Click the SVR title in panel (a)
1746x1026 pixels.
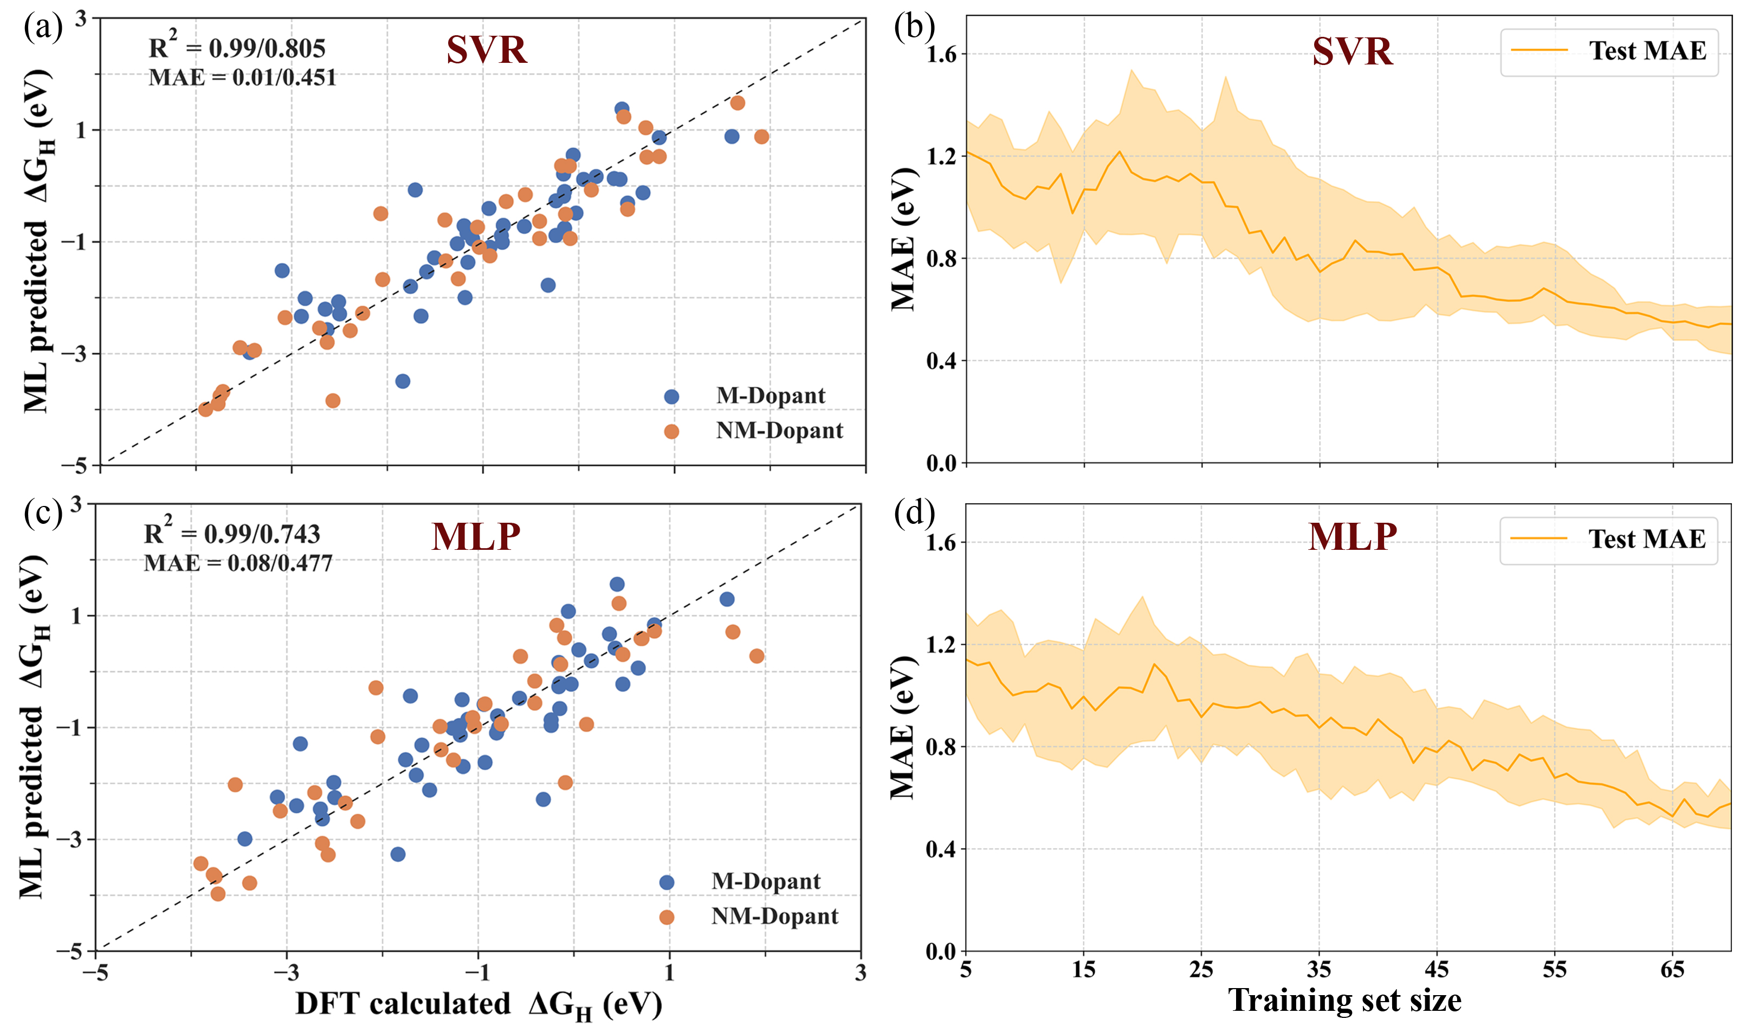pos(487,50)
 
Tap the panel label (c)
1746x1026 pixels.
pos(43,514)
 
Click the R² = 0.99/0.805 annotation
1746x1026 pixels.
pos(237,47)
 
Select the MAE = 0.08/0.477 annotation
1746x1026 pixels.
pos(238,562)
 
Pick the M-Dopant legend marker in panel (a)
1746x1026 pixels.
pos(671,397)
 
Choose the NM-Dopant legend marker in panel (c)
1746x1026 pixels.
pos(667,917)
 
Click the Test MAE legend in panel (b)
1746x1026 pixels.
pos(1609,51)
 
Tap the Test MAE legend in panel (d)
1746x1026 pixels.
pos(1609,540)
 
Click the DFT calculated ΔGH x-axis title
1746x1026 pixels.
pos(478,1004)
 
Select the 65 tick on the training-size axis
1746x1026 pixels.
pos(1672,970)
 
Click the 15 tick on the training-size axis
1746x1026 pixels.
pos(1084,970)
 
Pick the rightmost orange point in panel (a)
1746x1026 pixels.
pos(761,137)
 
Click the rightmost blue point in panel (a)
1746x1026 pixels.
pos(732,137)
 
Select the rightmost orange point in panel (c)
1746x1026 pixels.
pos(756,656)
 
